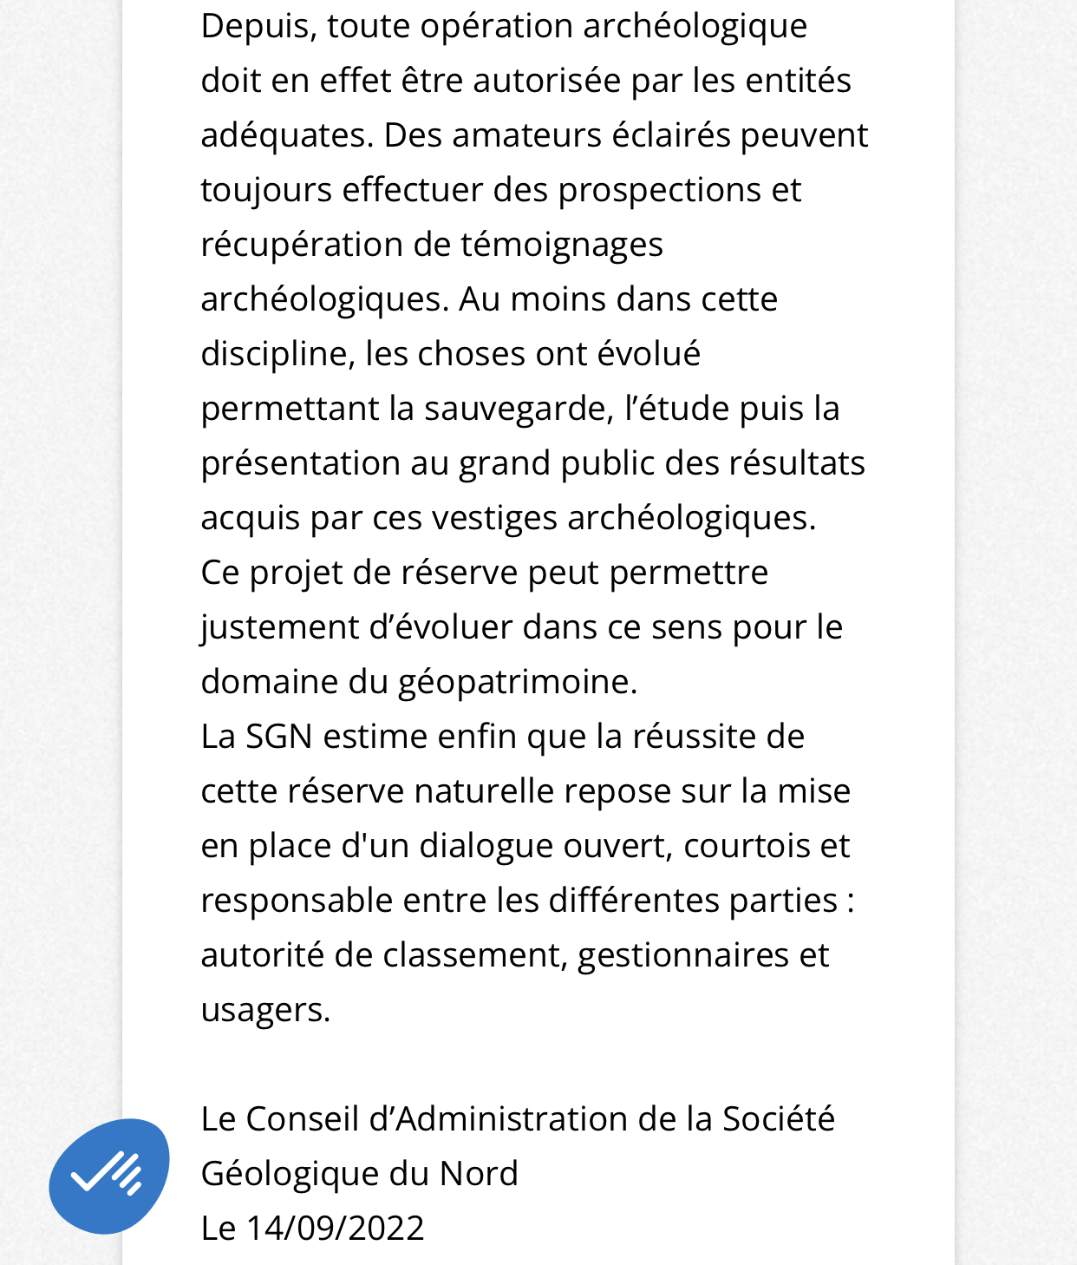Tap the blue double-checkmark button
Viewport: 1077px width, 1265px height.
click(x=109, y=1176)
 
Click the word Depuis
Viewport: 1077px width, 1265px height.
click(x=256, y=26)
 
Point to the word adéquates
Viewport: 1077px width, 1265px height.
click(x=285, y=135)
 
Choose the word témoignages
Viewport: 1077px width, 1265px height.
click(x=561, y=245)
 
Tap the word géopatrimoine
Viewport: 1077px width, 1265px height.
click(x=517, y=682)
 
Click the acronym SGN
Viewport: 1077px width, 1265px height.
click(x=278, y=737)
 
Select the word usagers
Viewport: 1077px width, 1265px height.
click(x=264, y=1010)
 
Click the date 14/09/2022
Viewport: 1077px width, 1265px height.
click(x=336, y=1229)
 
